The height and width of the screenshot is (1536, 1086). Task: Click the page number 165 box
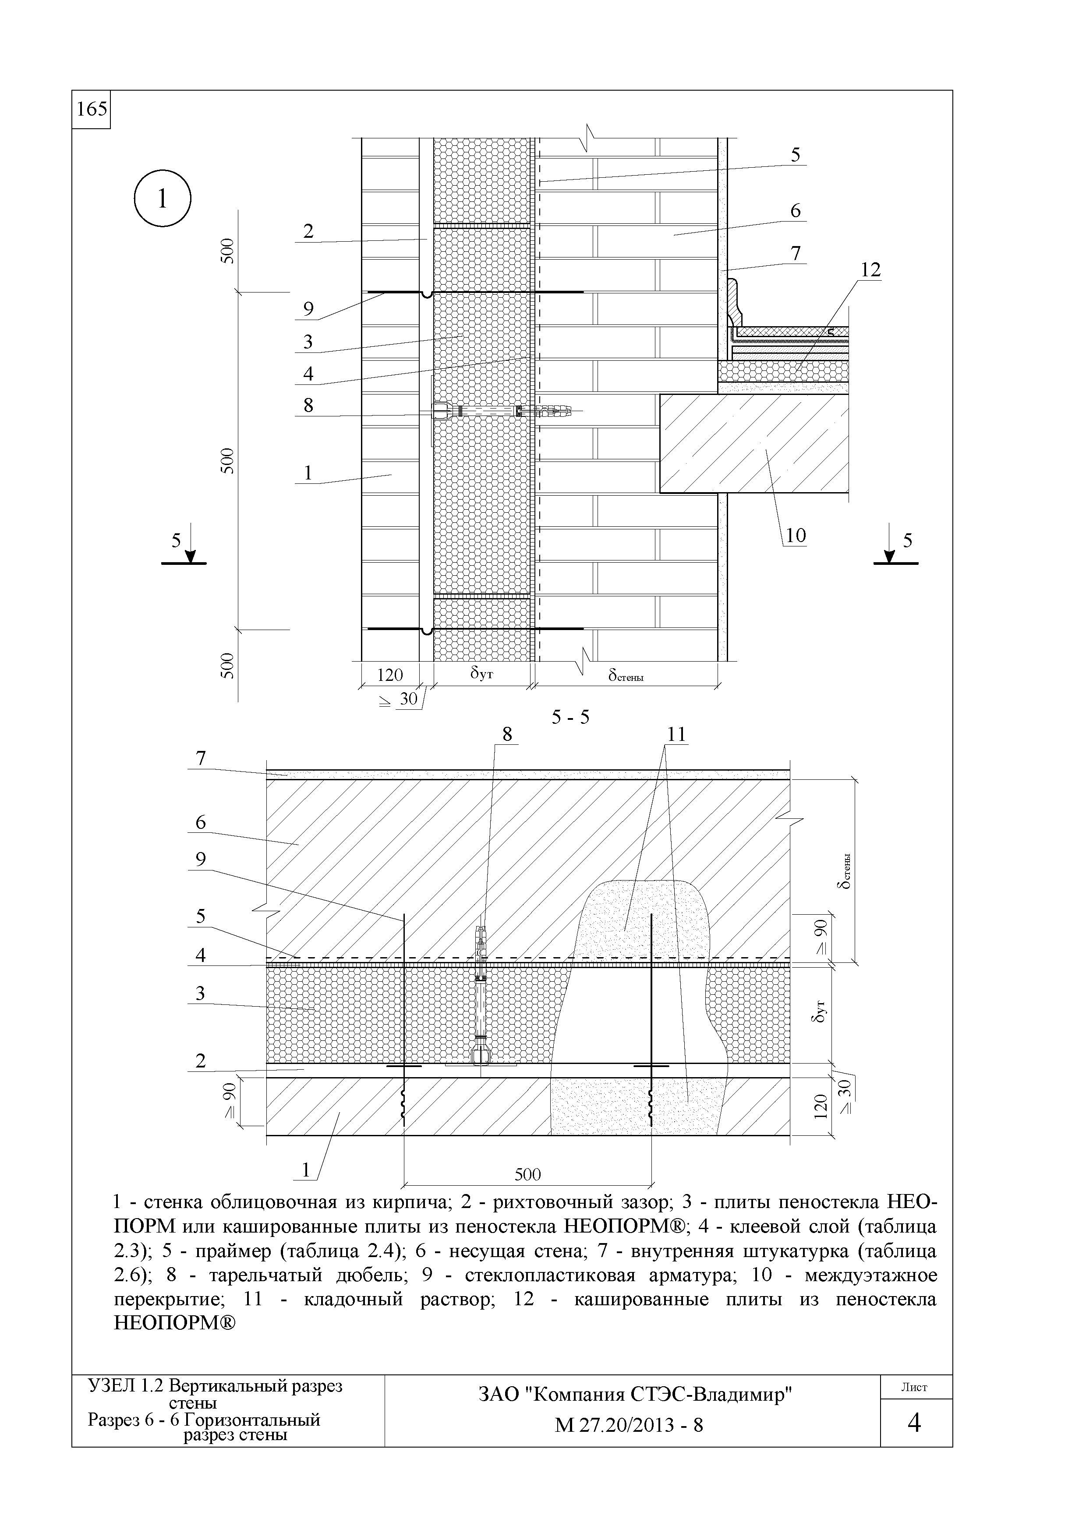(x=91, y=109)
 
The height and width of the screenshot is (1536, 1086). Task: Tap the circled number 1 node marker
(x=163, y=199)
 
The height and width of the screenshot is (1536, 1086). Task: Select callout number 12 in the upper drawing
(x=870, y=270)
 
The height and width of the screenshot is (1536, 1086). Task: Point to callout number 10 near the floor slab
(x=796, y=535)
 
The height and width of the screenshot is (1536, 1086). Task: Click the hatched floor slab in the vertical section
(x=754, y=444)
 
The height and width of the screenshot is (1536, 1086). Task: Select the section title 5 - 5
(x=570, y=718)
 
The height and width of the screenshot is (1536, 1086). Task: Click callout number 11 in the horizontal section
(x=677, y=735)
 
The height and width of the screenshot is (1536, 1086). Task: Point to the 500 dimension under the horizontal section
(x=527, y=1174)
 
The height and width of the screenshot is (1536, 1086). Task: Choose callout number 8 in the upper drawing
(x=308, y=405)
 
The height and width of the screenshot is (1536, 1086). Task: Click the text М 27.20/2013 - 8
(x=629, y=1426)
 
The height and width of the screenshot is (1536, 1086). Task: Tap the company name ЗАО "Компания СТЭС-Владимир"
(x=634, y=1395)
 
